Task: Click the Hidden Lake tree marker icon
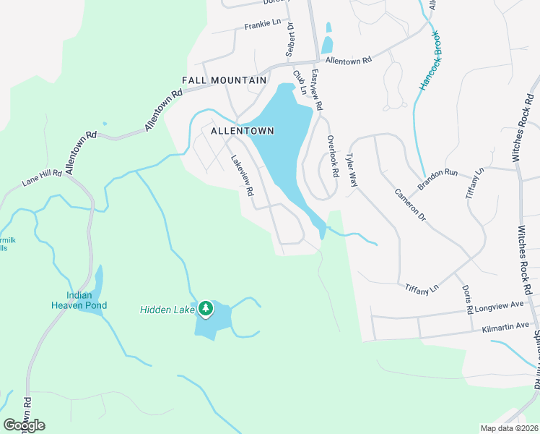(x=206, y=309)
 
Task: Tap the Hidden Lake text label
(x=166, y=310)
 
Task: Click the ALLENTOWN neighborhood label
(x=243, y=131)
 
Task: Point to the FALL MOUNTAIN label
(x=225, y=80)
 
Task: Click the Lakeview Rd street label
(x=243, y=177)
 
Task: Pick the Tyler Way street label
(x=352, y=170)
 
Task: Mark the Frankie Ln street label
(x=262, y=24)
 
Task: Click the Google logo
(x=24, y=425)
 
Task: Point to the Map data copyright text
(x=509, y=428)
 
